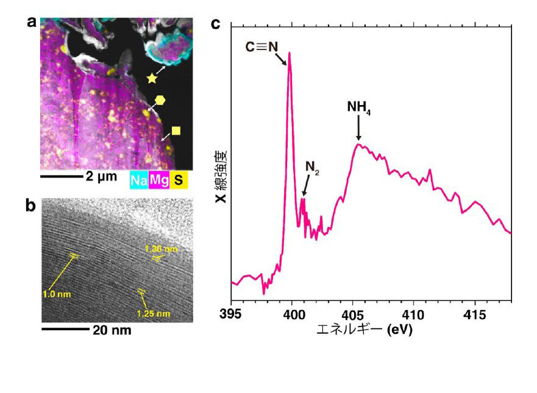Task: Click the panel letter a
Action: pyautogui.click(x=32, y=23)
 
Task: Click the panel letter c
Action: pyautogui.click(x=215, y=24)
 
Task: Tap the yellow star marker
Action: pyautogui.click(x=152, y=79)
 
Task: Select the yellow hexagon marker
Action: pyautogui.click(x=160, y=100)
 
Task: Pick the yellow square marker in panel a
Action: pyautogui.click(x=176, y=131)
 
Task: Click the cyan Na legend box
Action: pyautogui.click(x=139, y=180)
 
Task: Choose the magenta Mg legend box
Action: pyautogui.click(x=159, y=180)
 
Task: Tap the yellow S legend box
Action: pyautogui.click(x=179, y=180)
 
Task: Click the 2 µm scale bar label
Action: pyautogui.click(x=101, y=177)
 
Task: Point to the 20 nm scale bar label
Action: pyautogui.click(x=112, y=330)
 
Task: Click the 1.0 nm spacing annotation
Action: pyautogui.click(x=57, y=294)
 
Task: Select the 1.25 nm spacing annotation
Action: pyautogui.click(x=154, y=314)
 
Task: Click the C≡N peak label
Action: pyautogui.click(x=261, y=47)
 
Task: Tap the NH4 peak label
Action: pyautogui.click(x=358, y=107)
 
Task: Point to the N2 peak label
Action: pyautogui.click(x=312, y=168)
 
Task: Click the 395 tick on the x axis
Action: pyautogui.click(x=231, y=314)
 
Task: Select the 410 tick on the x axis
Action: pyautogui.click(x=414, y=314)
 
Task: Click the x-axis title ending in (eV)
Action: pyautogui.click(x=365, y=330)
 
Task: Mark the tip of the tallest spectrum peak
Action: pyautogui.click(x=290, y=52)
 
